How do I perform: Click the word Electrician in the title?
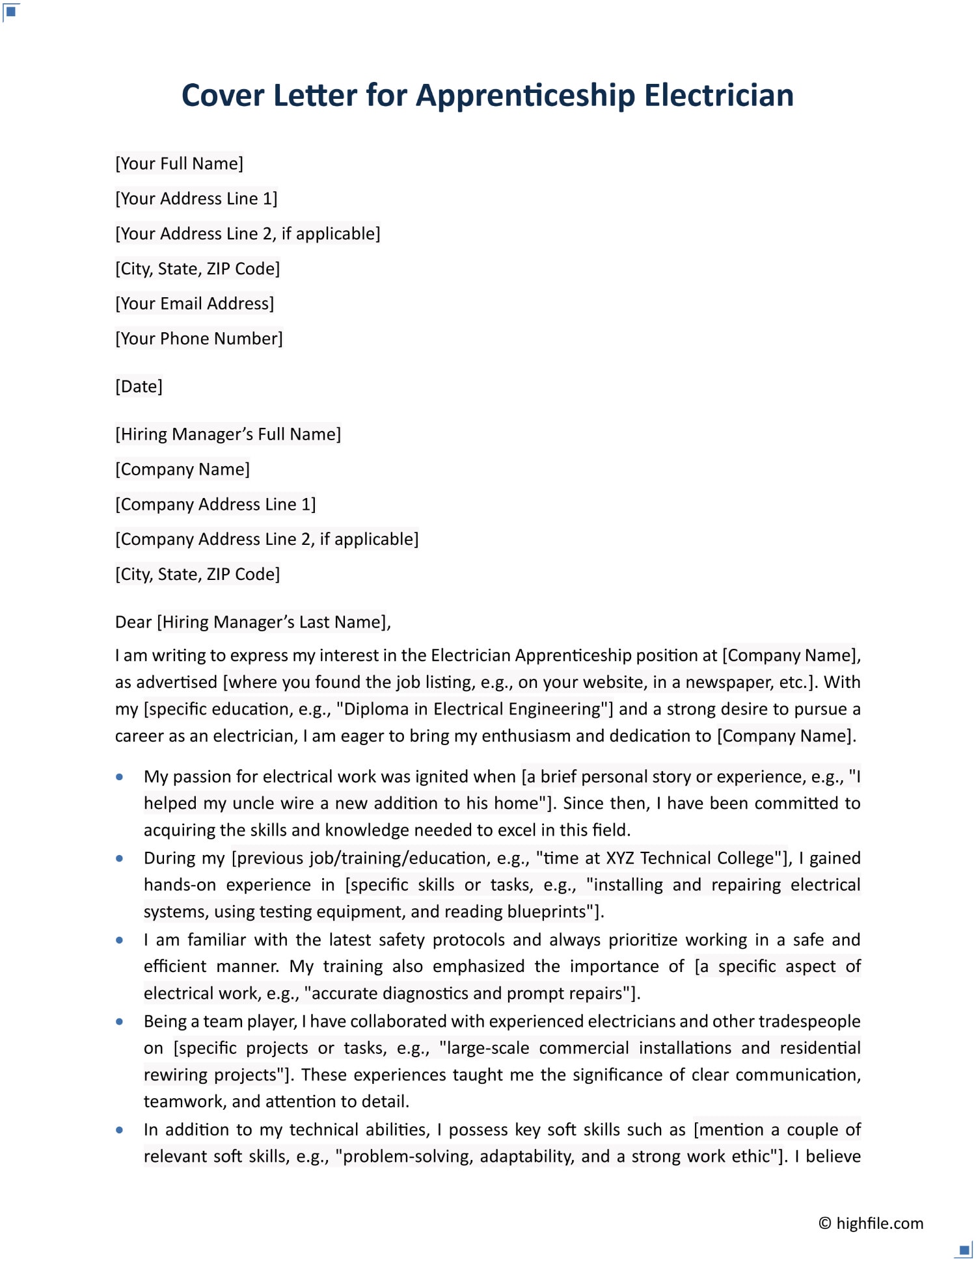point(718,96)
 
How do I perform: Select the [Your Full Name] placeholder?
point(179,163)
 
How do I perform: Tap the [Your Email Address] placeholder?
point(195,304)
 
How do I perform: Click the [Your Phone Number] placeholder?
point(198,339)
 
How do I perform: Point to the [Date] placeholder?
point(139,387)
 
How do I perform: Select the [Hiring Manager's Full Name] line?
point(228,434)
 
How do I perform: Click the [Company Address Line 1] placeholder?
point(215,505)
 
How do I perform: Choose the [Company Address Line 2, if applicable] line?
point(267,540)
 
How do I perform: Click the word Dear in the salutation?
point(133,622)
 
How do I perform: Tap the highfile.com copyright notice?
point(871,1223)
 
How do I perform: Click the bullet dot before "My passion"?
point(120,777)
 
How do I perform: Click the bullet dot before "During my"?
point(120,858)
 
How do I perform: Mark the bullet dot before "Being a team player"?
point(120,1021)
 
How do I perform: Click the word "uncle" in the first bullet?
point(254,804)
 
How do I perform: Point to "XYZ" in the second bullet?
point(619,858)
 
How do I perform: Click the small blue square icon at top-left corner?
point(11,11)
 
